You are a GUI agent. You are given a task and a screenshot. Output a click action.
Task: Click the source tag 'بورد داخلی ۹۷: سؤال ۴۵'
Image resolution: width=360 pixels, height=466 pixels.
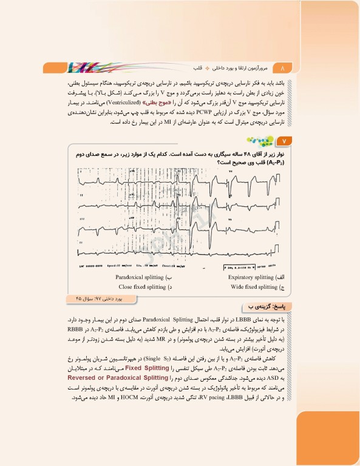click(100, 298)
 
